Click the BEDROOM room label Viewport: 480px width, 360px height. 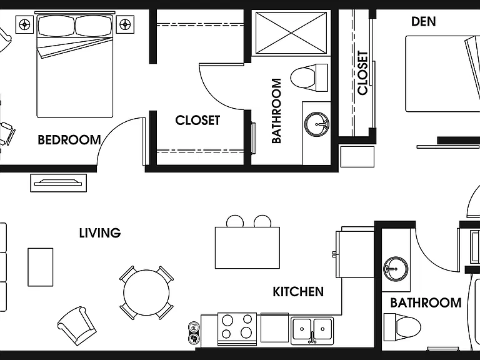[x=69, y=140]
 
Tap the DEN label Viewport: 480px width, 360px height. [x=423, y=21]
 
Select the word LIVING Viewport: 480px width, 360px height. [x=100, y=233]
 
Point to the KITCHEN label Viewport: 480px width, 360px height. [x=298, y=292]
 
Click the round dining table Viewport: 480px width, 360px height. [x=146, y=292]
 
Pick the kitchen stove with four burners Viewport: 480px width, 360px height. [x=237, y=329]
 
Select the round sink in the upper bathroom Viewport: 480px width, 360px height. [x=316, y=124]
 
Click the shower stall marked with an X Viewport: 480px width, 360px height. [x=291, y=33]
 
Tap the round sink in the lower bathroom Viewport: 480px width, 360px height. [x=396, y=269]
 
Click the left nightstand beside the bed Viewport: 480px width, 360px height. [x=24, y=24]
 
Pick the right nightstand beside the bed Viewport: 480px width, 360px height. [x=125, y=24]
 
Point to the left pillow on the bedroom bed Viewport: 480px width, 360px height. [x=56, y=26]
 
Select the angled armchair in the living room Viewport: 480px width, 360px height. [x=76, y=326]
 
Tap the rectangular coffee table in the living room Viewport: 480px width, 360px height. [x=41, y=267]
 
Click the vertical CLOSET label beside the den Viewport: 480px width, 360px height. [x=362, y=73]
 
